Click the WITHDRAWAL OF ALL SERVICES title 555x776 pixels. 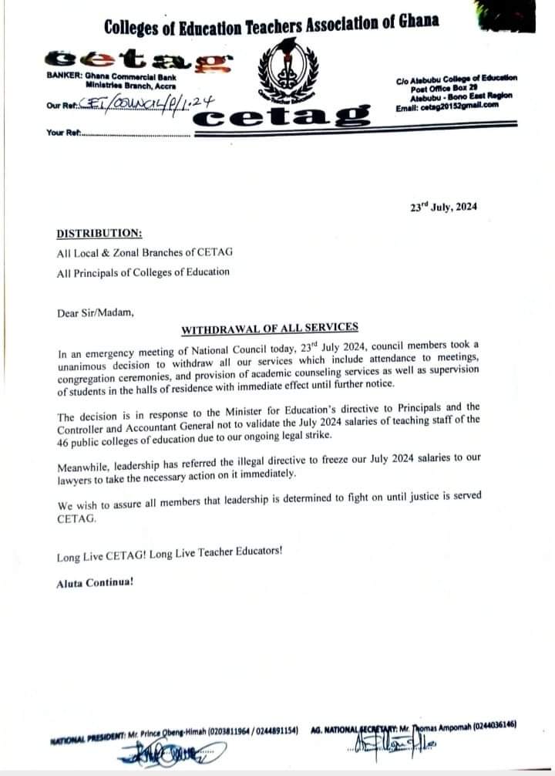[269, 329]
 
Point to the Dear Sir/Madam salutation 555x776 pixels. [95, 312]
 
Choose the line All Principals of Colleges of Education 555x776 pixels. [143, 272]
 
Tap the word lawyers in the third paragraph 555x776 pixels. [79, 474]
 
